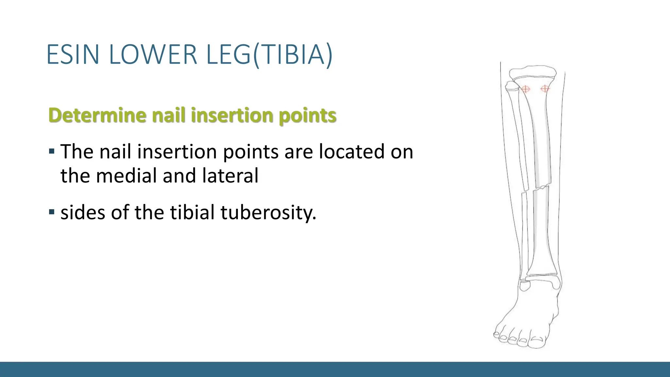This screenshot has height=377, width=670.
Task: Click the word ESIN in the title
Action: click(73, 54)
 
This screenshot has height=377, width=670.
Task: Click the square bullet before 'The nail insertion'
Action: click(51, 152)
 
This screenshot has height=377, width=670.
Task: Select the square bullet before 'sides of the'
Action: click(51, 212)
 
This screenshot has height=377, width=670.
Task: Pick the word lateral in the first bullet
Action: click(230, 175)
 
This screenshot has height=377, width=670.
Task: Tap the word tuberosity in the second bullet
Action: click(268, 213)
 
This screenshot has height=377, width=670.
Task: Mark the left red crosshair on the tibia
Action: click(525, 89)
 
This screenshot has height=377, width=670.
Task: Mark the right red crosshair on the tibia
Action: click(545, 89)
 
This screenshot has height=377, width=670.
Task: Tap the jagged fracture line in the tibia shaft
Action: click(541, 188)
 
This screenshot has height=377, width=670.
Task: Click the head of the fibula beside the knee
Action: click(511, 86)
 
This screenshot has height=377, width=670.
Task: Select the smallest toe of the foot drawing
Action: click(497, 334)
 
